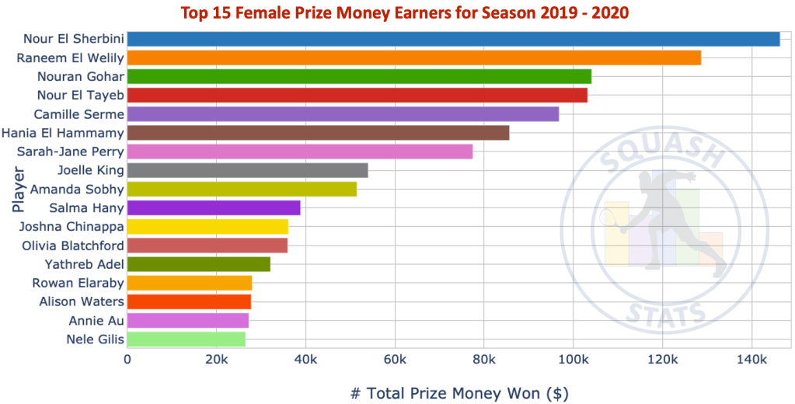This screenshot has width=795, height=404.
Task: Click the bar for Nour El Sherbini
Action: tap(453, 39)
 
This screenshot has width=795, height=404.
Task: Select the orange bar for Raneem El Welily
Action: tap(413, 57)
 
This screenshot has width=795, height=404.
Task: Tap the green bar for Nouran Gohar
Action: tap(359, 76)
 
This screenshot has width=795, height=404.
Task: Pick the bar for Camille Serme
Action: tap(343, 114)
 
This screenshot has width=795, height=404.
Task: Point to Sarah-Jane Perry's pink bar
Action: tap(299, 151)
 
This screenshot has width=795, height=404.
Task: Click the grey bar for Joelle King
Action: tap(247, 170)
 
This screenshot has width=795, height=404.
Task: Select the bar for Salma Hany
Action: tap(213, 207)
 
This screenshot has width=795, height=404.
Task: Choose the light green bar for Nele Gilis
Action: tap(186, 339)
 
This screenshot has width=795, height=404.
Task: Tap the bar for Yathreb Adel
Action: tap(198, 264)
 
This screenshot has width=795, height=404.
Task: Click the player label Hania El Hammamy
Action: tap(62, 133)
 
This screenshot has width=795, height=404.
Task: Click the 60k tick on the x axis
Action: tap(394, 360)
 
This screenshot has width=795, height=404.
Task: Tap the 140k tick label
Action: tap(751, 360)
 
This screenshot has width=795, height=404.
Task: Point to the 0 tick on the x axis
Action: tap(127, 360)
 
